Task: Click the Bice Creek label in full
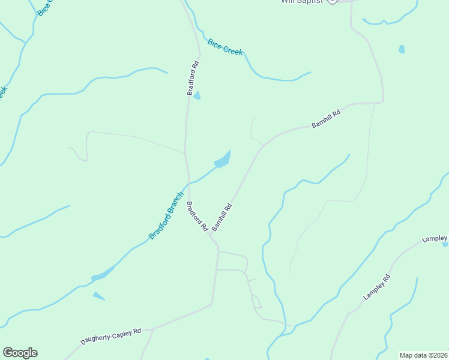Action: coord(225,47)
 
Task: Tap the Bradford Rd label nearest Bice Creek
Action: coord(193,77)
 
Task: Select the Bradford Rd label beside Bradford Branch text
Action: coord(196,217)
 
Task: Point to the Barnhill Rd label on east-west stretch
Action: coord(326,118)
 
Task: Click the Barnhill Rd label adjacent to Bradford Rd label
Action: coord(221,215)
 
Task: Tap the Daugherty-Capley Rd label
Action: coord(111,335)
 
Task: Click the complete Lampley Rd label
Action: coord(376,287)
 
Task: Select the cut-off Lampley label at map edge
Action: coord(435,239)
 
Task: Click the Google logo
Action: coord(20,353)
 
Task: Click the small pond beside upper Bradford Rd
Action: coord(197,95)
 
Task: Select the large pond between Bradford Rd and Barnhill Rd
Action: coord(223,160)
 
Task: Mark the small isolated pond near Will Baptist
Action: coord(401,49)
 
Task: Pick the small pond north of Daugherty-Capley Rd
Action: coord(99,296)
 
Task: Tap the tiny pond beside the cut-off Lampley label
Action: coord(445,244)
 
